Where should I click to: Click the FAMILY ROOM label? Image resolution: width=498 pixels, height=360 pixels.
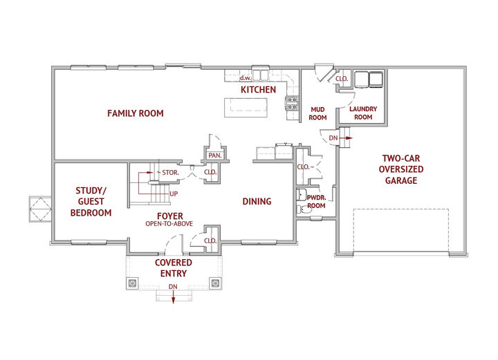tap(136, 113)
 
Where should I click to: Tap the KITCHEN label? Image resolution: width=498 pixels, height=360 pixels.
tap(258, 90)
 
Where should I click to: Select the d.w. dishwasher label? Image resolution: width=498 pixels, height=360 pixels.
tap(245, 77)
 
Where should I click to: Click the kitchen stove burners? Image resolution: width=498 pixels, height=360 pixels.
tap(292, 103)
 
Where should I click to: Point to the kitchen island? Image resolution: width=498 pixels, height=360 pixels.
tap(246, 108)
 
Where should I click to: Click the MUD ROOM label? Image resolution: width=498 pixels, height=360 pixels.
tap(317, 113)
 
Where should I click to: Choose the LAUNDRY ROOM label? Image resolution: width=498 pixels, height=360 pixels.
tap(363, 113)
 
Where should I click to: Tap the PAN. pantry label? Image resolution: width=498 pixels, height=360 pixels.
tap(215, 155)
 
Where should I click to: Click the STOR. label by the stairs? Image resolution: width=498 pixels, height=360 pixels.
tap(170, 173)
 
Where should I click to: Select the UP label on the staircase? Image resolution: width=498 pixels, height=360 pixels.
tap(174, 193)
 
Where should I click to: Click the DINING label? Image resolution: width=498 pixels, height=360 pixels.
tap(257, 201)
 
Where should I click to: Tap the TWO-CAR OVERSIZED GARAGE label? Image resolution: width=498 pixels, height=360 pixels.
tap(400, 169)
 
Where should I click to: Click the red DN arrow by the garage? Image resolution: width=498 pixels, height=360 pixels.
tap(349, 138)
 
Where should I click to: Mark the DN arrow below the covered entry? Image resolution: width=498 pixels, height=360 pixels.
tap(173, 298)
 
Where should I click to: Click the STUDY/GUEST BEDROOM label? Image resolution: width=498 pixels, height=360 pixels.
tap(91, 201)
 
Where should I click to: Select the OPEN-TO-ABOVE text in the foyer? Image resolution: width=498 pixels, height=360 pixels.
tap(169, 224)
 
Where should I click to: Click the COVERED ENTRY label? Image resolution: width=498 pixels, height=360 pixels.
tap(174, 268)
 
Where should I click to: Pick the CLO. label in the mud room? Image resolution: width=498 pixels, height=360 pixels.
tap(342, 79)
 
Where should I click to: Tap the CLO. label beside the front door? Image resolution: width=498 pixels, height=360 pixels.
tap(210, 240)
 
